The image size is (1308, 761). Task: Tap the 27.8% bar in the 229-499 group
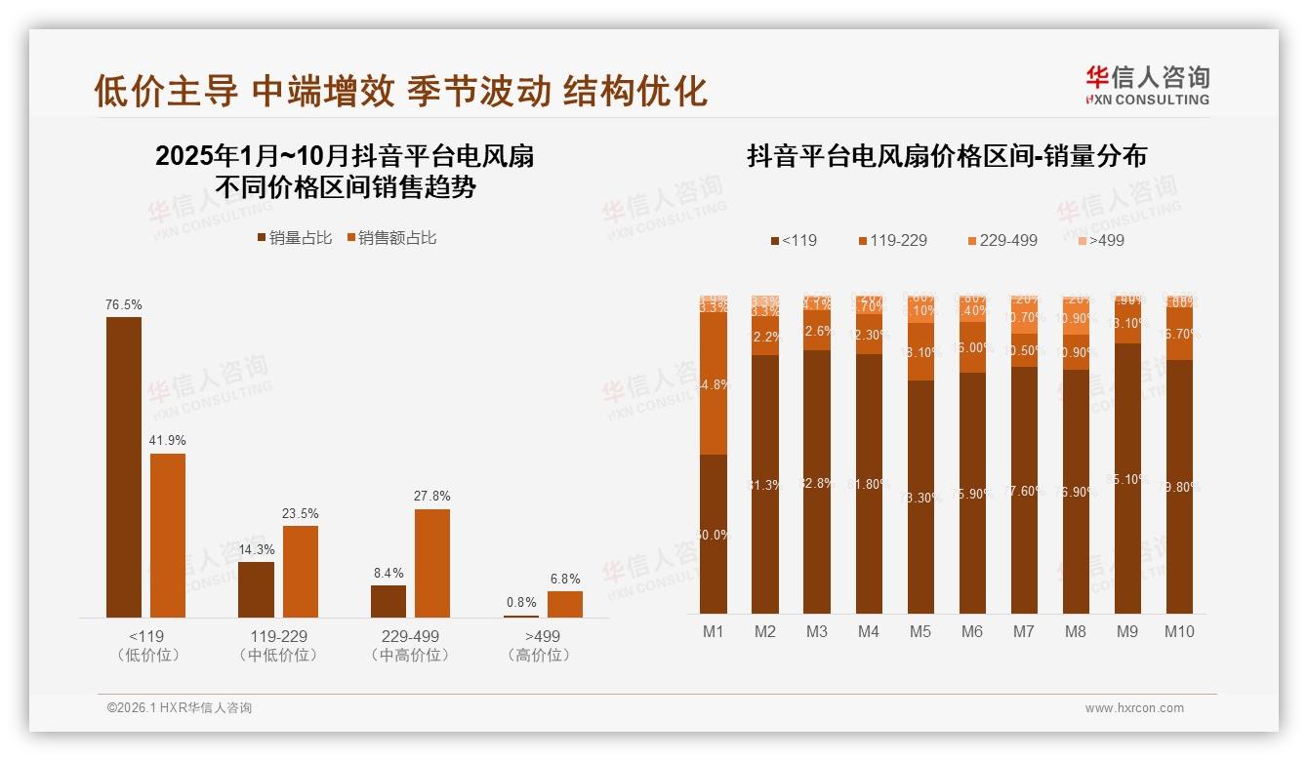tap(432, 563)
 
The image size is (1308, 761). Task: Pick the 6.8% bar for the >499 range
tap(564, 604)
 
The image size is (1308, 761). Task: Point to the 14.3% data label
tap(256, 549)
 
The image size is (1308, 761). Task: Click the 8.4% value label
tap(388, 573)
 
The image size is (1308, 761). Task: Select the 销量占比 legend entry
tap(295, 238)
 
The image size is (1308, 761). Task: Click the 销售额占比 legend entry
tap(389, 238)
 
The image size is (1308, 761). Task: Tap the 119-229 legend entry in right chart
tap(892, 240)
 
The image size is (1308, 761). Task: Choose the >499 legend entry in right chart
tap(1100, 240)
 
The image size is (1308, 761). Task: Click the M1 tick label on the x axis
tap(714, 631)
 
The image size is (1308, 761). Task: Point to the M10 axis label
tap(1179, 631)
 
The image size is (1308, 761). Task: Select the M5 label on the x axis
tap(920, 631)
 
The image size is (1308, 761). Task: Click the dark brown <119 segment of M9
tap(1127, 478)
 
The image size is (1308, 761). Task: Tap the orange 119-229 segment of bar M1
tap(714, 383)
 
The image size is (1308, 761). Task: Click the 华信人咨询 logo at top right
tap(1147, 85)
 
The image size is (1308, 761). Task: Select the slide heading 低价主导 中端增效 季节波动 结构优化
tap(400, 91)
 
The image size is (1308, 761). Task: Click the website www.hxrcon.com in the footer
tap(1134, 708)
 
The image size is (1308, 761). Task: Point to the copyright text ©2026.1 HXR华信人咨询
tap(180, 708)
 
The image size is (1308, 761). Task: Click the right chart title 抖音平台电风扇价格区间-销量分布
tap(946, 156)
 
